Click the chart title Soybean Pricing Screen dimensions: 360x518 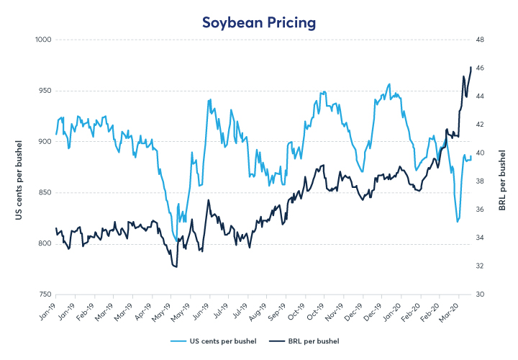[x=258, y=23]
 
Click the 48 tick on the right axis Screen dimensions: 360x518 [x=484, y=40]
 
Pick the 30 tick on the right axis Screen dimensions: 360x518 [x=484, y=295]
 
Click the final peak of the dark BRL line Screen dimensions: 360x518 [x=471, y=68]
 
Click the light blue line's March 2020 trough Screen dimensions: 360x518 [x=458, y=222]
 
